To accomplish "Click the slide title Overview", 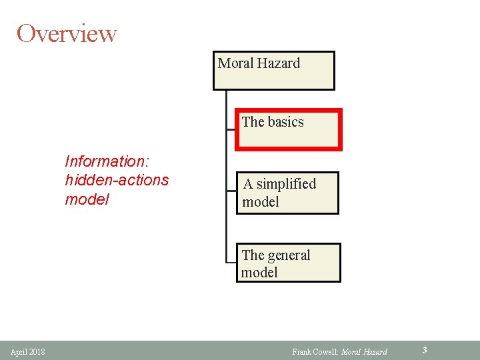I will pos(67,33).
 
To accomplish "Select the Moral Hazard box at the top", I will pos(273,71).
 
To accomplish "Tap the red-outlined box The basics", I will pos(289,130).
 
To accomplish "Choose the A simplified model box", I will pos(287,193).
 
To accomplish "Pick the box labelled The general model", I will pos(288,263).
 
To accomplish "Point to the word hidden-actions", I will pos(117,180).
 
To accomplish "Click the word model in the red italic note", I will pos(87,199).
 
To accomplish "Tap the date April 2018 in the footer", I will pos(28,351).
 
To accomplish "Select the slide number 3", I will pos(425,349).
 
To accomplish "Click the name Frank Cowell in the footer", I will pos(315,351).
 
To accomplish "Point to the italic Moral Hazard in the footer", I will pos(364,351).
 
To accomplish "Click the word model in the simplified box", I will pos(261,201).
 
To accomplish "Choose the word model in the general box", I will pos(259,272).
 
